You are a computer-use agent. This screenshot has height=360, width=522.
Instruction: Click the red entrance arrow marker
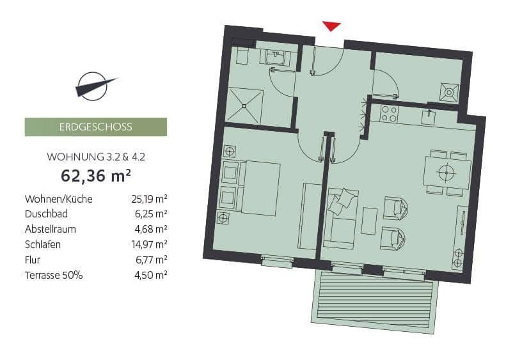point(331,26)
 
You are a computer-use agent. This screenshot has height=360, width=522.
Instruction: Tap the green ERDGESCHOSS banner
point(95,127)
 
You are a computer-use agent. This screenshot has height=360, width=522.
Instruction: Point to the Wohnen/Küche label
point(58,199)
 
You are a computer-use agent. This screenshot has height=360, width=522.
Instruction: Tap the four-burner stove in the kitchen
point(389,114)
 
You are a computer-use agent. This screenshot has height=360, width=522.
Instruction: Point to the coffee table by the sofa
point(369,221)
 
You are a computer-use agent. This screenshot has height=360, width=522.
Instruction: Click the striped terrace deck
point(376,300)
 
